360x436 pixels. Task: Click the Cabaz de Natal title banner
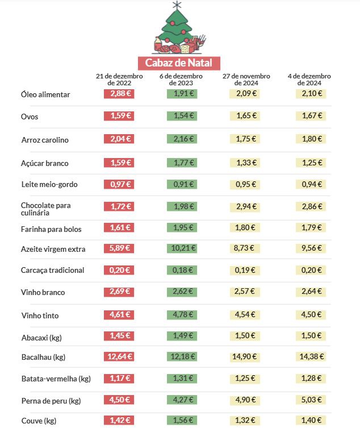point(179,63)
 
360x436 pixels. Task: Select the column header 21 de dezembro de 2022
point(119,79)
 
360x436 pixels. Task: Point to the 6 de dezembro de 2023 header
point(182,79)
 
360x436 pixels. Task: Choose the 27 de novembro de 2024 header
point(246,79)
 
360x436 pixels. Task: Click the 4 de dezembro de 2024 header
point(309,79)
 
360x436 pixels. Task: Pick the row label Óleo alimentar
point(45,94)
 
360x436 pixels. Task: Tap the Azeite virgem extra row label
point(52,248)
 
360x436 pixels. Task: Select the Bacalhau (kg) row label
point(43,357)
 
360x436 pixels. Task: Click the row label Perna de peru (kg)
point(51,401)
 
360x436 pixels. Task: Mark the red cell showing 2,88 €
point(119,93)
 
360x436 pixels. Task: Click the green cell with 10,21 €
point(182,248)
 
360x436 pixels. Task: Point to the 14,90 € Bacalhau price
point(246,356)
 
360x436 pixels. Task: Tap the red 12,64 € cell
point(119,356)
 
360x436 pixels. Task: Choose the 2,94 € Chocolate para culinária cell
point(246,205)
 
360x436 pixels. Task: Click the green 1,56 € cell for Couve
point(182,421)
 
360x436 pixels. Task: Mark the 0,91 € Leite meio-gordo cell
point(182,184)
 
